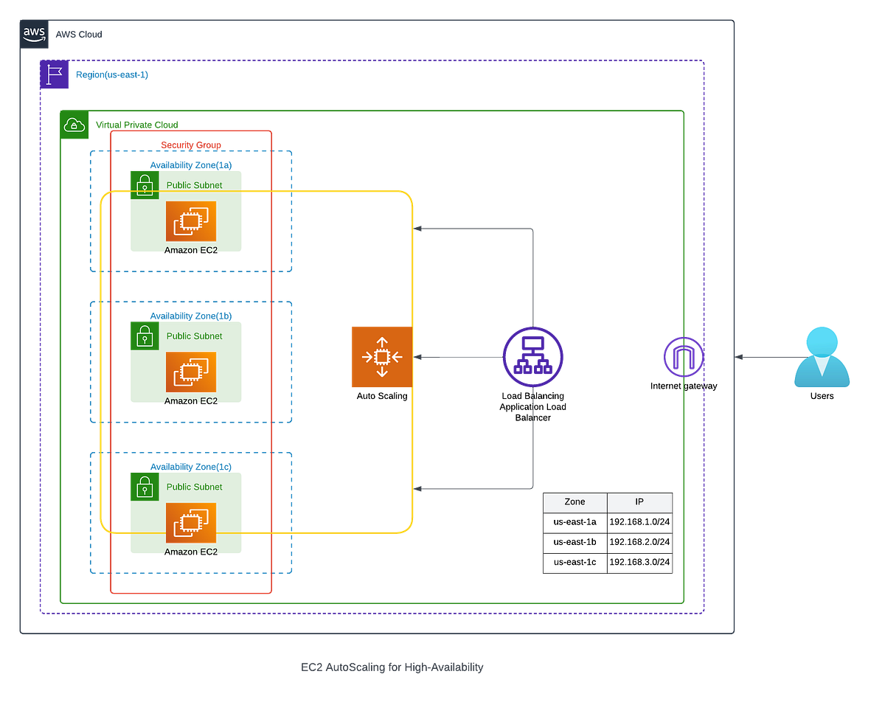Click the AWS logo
pyautogui.click(x=35, y=34)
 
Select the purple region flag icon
pyautogui.click(x=54, y=75)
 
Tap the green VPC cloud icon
pyautogui.click(x=74, y=125)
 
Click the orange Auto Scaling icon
pyautogui.click(x=381, y=357)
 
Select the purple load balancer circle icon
pyautogui.click(x=532, y=356)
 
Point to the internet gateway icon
pyautogui.click(x=682, y=358)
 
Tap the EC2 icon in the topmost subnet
pyautogui.click(x=191, y=220)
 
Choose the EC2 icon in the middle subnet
pyautogui.click(x=191, y=372)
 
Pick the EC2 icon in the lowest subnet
pyautogui.click(x=191, y=523)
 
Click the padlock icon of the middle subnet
pyautogui.click(x=145, y=336)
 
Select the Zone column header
pyautogui.click(x=575, y=501)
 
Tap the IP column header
pyautogui.click(x=639, y=501)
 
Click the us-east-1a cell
pyautogui.click(x=575, y=522)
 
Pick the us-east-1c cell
pyautogui.click(x=575, y=562)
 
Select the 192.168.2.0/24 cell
pyautogui.click(x=639, y=542)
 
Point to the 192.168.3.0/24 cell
pyautogui.click(x=639, y=562)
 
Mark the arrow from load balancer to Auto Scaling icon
pyautogui.click(x=457, y=357)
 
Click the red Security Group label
pyautogui.click(x=191, y=144)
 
